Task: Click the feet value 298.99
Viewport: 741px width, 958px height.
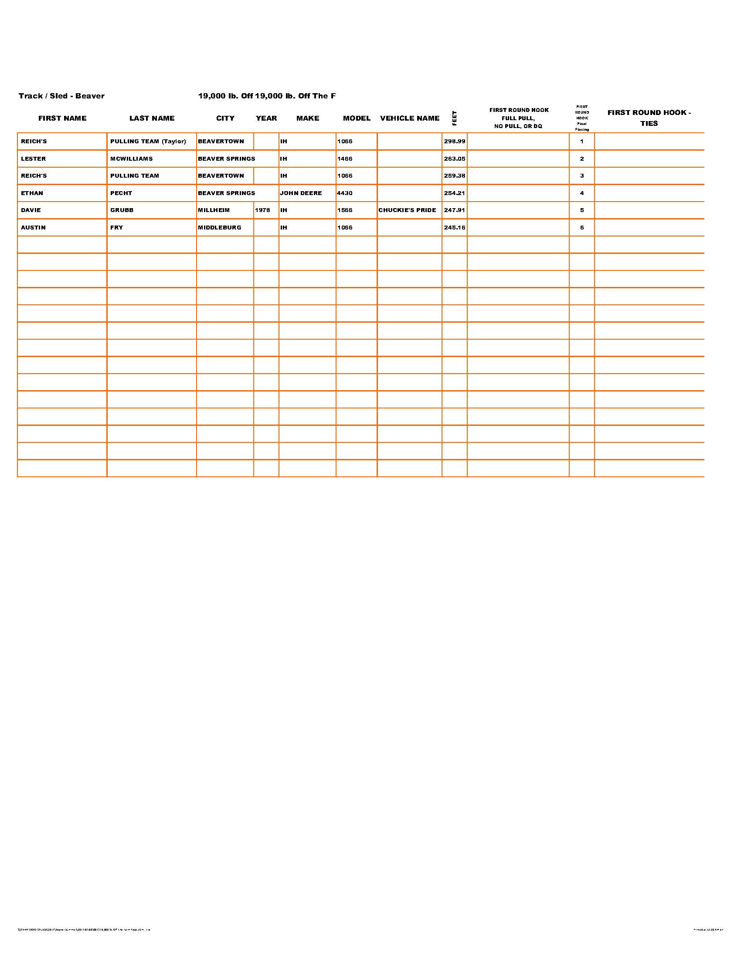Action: tap(454, 142)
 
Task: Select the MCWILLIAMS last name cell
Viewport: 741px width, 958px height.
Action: tap(131, 159)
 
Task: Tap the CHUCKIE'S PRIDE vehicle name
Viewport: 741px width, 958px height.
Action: tap(407, 210)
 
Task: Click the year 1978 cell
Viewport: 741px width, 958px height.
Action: tap(262, 210)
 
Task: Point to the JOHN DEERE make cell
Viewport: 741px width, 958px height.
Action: tap(301, 193)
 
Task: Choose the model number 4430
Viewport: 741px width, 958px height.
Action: tap(345, 193)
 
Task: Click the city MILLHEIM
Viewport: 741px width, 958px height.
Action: tap(214, 210)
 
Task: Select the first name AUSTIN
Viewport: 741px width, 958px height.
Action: tap(34, 228)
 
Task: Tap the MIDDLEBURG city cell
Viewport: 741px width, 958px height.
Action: tap(220, 228)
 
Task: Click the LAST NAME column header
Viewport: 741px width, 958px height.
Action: tap(152, 118)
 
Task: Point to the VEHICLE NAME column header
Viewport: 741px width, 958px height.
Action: tap(410, 118)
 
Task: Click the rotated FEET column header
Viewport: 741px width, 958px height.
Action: tap(454, 118)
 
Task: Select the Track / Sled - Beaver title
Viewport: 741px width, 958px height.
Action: tap(61, 96)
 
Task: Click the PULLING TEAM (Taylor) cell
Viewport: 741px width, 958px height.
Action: tap(148, 142)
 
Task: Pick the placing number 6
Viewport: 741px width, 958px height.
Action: tap(581, 228)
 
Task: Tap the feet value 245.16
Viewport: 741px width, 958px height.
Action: tap(454, 228)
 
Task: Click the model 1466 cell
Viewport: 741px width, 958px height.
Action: tap(345, 159)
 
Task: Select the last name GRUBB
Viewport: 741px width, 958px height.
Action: tap(122, 210)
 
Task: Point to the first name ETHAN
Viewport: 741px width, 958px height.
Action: tap(32, 193)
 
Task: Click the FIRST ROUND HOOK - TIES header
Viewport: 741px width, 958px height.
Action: tap(649, 118)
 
